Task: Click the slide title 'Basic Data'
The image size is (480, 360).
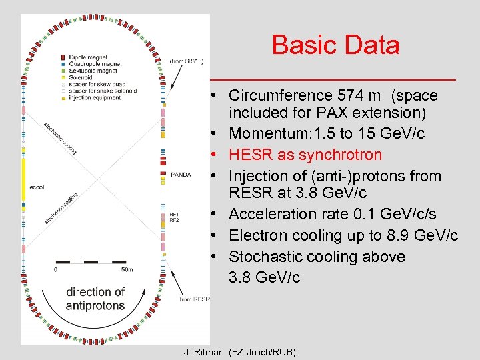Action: pos(335,45)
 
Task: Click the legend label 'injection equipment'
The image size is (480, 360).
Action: pos(94,97)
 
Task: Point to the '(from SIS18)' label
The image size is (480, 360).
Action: pos(187,61)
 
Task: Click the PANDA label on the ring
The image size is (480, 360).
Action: pos(181,175)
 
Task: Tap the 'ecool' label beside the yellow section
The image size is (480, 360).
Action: pos(38,187)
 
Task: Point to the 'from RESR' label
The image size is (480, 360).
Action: pos(194,299)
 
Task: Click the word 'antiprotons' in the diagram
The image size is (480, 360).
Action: pos(95,305)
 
